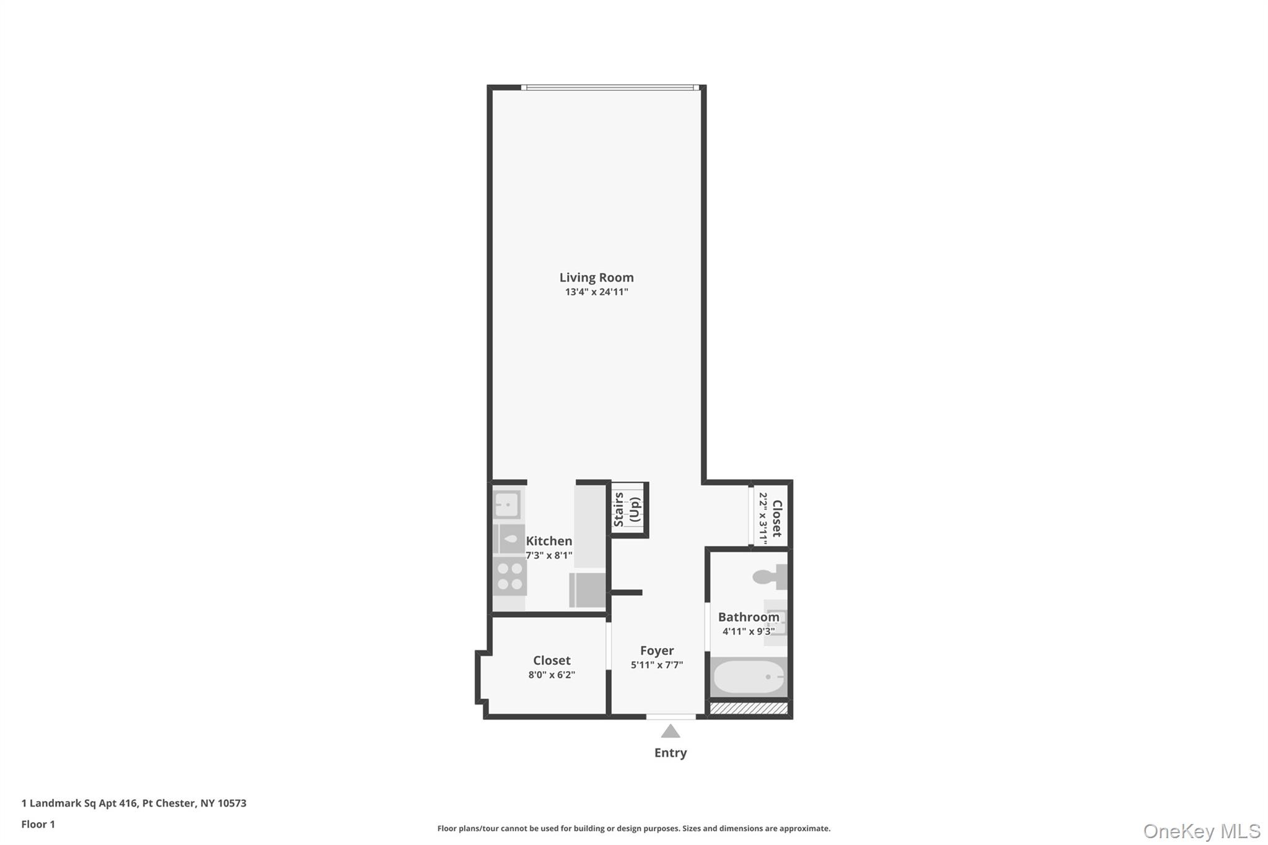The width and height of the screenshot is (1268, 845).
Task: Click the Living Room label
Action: point(596,278)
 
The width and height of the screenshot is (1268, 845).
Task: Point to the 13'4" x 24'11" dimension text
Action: point(596,292)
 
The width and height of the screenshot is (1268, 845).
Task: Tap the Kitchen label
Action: point(549,541)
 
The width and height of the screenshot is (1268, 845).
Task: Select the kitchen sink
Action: point(507,505)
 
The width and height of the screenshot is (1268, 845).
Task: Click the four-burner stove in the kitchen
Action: point(510,576)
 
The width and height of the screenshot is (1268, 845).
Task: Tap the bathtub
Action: point(748,677)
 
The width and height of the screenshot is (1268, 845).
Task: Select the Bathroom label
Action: point(749,617)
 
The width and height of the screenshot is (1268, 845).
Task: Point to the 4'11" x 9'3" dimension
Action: point(749,632)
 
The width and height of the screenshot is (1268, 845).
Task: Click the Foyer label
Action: point(657,651)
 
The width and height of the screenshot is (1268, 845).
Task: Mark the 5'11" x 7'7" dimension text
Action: point(657,665)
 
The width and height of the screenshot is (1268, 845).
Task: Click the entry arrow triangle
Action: point(671,732)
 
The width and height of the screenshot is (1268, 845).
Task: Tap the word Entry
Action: point(671,753)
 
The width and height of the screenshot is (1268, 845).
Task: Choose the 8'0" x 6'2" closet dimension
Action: point(552,675)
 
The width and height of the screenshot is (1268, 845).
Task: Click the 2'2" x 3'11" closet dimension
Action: point(763,519)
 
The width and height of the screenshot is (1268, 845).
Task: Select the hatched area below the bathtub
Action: point(749,708)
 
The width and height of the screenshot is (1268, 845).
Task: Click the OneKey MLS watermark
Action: point(1201,831)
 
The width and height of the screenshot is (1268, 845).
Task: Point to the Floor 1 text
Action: point(38,825)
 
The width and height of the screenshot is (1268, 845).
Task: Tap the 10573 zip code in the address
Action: point(232,804)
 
